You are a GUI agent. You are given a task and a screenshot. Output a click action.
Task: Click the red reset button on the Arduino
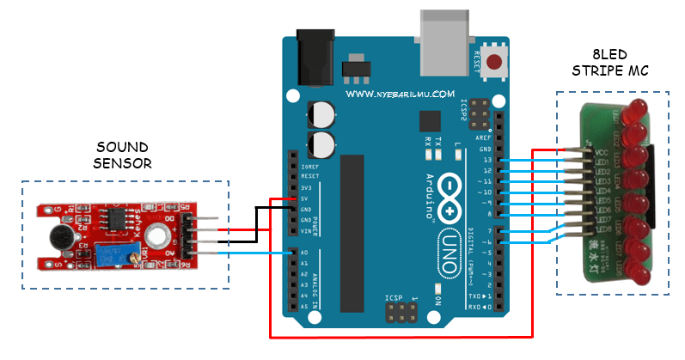[x=495, y=62]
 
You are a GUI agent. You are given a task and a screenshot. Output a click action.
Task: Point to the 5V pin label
[x=306, y=198]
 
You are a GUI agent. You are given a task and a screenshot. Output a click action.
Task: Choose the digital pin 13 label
[x=487, y=161]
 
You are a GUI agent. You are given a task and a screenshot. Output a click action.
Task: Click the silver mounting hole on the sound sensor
[x=156, y=235]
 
